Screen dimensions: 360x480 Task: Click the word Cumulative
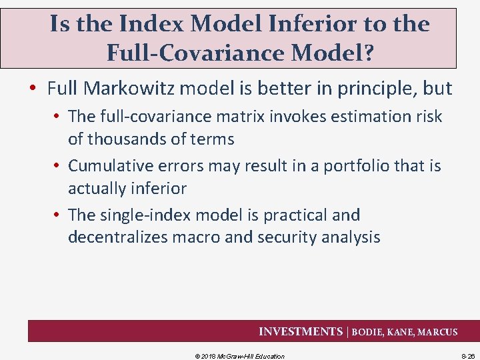109,165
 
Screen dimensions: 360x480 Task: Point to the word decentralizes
123,237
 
